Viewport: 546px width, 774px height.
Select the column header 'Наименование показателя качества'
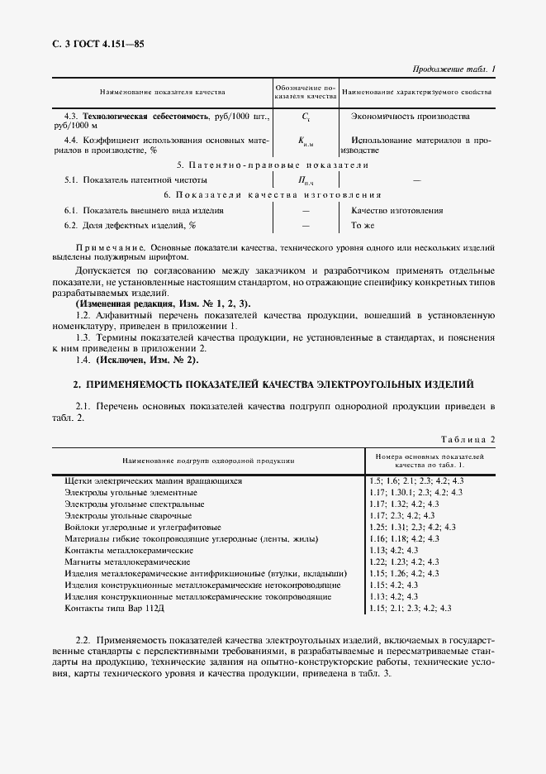[162, 92]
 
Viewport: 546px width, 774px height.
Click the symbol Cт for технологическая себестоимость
[306, 118]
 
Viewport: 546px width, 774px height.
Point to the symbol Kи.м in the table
[306, 141]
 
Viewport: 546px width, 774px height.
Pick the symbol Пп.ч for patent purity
[306, 179]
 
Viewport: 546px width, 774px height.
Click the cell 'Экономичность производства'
[410, 117]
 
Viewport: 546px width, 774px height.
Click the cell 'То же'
[363, 225]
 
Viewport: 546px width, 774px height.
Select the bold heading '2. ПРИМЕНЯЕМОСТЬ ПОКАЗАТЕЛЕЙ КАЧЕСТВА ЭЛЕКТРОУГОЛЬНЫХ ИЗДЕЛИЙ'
[273, 385]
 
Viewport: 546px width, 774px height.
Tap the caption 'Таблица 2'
[468, 438]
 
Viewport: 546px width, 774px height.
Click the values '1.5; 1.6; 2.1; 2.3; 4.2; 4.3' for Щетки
[417, 480]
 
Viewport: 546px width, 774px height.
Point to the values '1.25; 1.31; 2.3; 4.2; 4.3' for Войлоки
[413, 527]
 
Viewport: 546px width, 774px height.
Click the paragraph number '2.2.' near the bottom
[82, 641]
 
